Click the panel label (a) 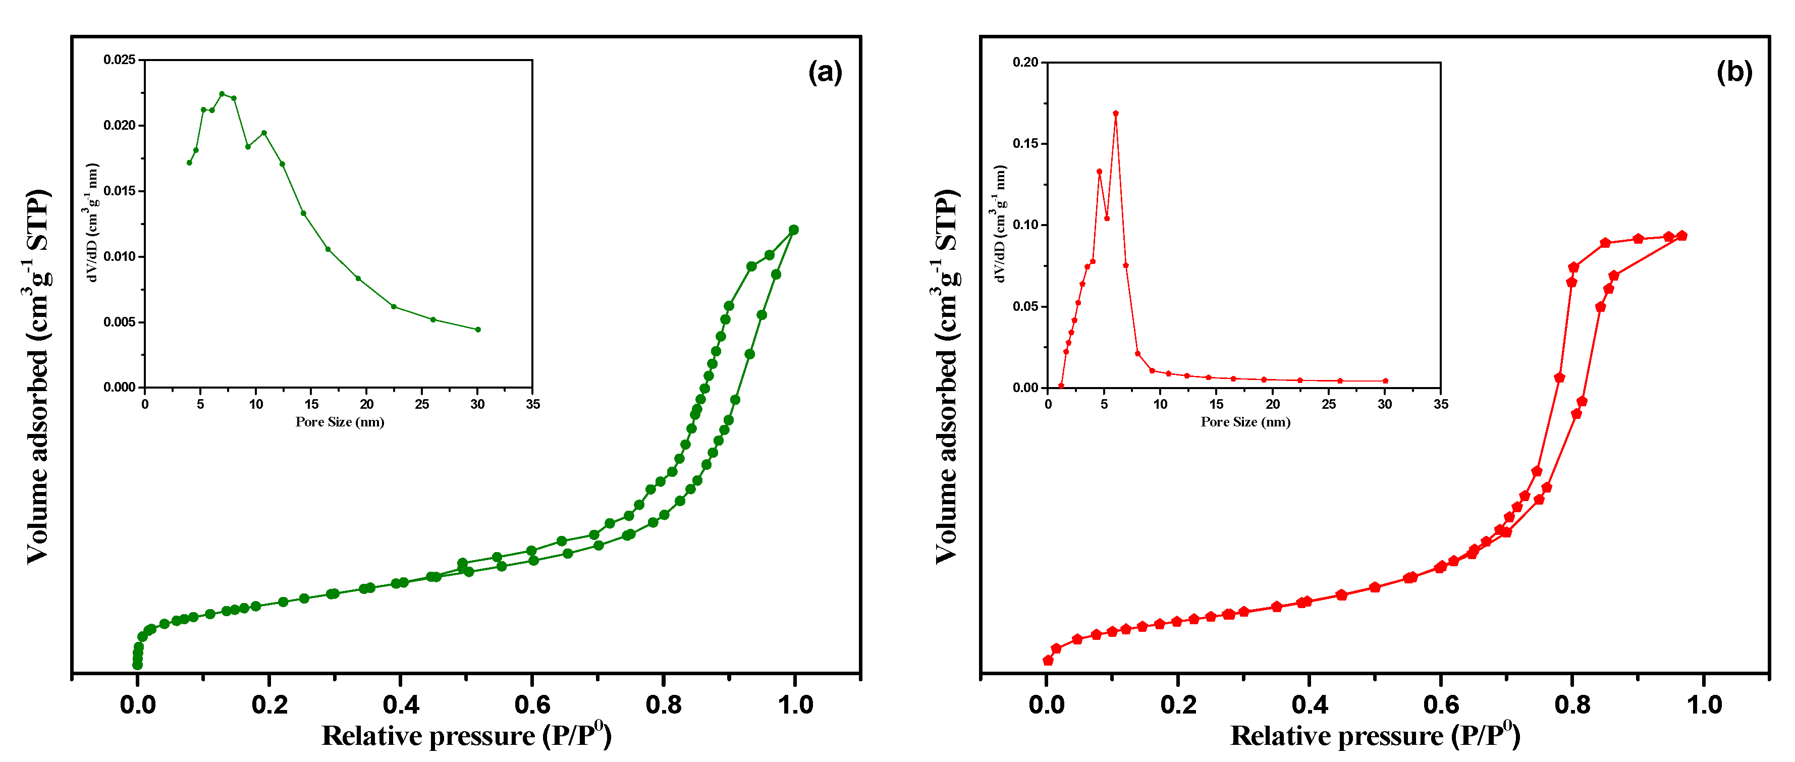[825, 73]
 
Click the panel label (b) [1734, 73]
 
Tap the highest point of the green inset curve [222, 93]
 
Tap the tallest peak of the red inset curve [1116, 113]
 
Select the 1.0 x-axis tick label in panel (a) [795, 705]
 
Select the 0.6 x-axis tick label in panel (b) [1441, 705]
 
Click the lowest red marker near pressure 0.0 [1048, 660]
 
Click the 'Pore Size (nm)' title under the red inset [1245, 422]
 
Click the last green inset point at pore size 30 [478, 330]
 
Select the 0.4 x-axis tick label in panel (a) [401, 705]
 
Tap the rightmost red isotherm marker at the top [1681, 236]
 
